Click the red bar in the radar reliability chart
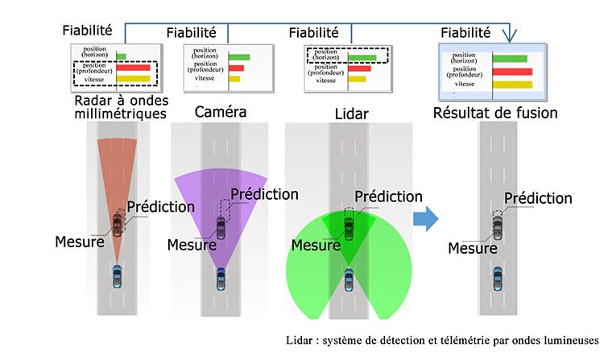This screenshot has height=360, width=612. [x=133, y=68]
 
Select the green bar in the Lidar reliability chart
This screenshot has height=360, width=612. [x=362, y=58]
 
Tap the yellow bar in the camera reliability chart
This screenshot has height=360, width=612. [x=234, y=79]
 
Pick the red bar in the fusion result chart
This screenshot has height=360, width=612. [x=512, y=72]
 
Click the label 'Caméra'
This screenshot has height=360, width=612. [x=221, y=112]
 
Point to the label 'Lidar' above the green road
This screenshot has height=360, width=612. [x=351, y=114]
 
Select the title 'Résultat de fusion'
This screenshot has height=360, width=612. [x=495, y=113]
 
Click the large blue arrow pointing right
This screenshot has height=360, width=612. [x=426, y=218]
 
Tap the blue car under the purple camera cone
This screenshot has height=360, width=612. [x=221, y=279]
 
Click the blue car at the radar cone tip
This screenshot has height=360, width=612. [x=117, y=276]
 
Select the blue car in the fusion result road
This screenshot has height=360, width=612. [x=498, y=279]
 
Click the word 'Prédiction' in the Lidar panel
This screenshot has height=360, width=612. [x=388, y=197]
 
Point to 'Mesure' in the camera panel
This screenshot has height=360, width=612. [x=192, y=245]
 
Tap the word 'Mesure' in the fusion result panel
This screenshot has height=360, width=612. [x=473, y=248]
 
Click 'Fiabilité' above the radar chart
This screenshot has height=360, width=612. [x=88, y=31]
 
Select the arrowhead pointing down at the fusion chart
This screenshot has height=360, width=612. [x=510, y=36]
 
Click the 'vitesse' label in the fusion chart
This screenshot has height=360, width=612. [x=465, y=84]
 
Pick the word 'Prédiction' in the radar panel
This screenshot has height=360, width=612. [x=161, y=206]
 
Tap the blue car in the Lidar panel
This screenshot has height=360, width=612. [x=349, y=279]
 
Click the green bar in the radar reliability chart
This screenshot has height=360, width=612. [x=121, y=56]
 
